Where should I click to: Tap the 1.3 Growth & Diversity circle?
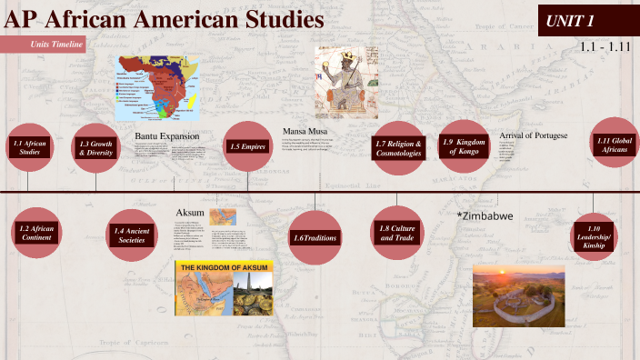[95, 147]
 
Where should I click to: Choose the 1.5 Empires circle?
[248, 146]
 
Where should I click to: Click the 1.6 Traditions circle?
[315, 236]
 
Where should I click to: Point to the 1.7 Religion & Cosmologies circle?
[398, 147]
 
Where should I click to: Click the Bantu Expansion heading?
[167, 136]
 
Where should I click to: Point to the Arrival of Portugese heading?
[534, 135]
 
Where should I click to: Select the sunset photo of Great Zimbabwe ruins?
[524, 296]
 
